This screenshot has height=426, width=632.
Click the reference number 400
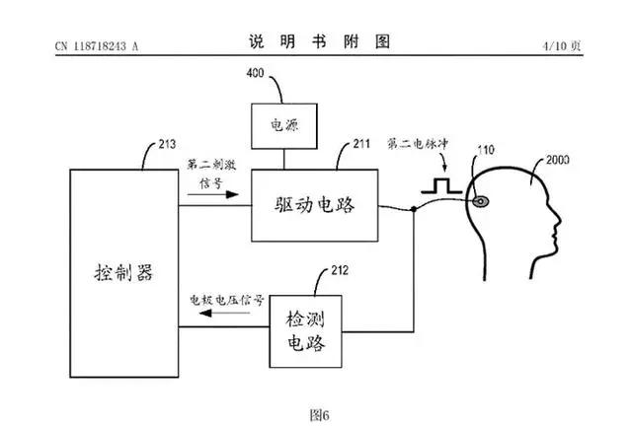[x=255, y=73]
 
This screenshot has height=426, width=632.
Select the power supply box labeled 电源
[x=284, y=126]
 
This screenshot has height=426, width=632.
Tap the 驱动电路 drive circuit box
[x=315, y=205]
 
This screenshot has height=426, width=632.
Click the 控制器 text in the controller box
[x=123, y=272]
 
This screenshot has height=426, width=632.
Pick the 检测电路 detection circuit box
[x=305, y=331]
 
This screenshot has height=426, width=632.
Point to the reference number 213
[x=167, y=144]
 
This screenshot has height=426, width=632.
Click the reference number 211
[x=361, y=144]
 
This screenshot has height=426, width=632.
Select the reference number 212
[x=340, y=270]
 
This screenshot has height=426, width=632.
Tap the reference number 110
[x=486, y=150]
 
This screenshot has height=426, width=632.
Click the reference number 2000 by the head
[x=557, y=160]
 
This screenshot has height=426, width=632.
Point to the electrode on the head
[x=481, y=201]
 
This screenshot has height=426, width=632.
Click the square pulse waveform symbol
[x=441, y=185]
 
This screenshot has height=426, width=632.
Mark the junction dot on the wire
[x=414, y=209]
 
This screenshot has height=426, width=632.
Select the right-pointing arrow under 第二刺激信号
[x=213, y=195]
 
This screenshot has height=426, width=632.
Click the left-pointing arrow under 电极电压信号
[x=224, y=313]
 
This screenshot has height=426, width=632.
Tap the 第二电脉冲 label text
[x=418, y=144]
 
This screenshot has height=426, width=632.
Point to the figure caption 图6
[x=320, y=415]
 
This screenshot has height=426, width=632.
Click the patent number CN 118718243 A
[x=97, y=46]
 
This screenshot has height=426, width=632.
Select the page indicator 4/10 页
[x=562, y=46]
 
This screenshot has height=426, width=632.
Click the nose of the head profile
[x=558, y=221]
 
